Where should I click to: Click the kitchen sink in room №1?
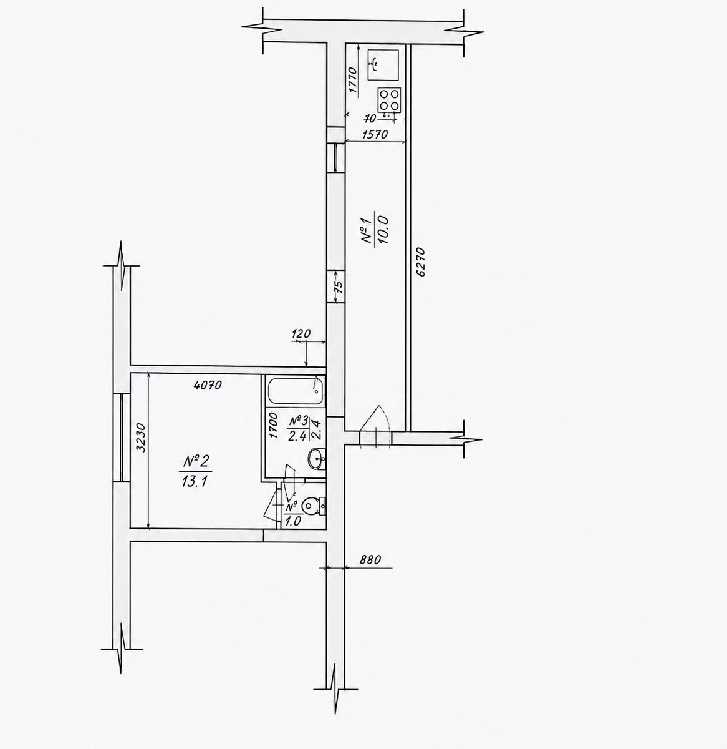coord(383,65)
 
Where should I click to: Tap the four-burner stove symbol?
coord(389,100)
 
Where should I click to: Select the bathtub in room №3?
coord(294,391)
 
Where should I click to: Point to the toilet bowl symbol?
coord(314,506)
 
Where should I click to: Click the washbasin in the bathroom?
coord(317,459)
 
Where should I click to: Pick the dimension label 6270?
coord(421,262)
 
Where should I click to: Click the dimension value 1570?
coord(375,134)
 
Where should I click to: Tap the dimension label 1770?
coord(353,80)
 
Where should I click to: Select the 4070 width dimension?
coord(208,384)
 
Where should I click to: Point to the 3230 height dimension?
coord(142,438)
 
